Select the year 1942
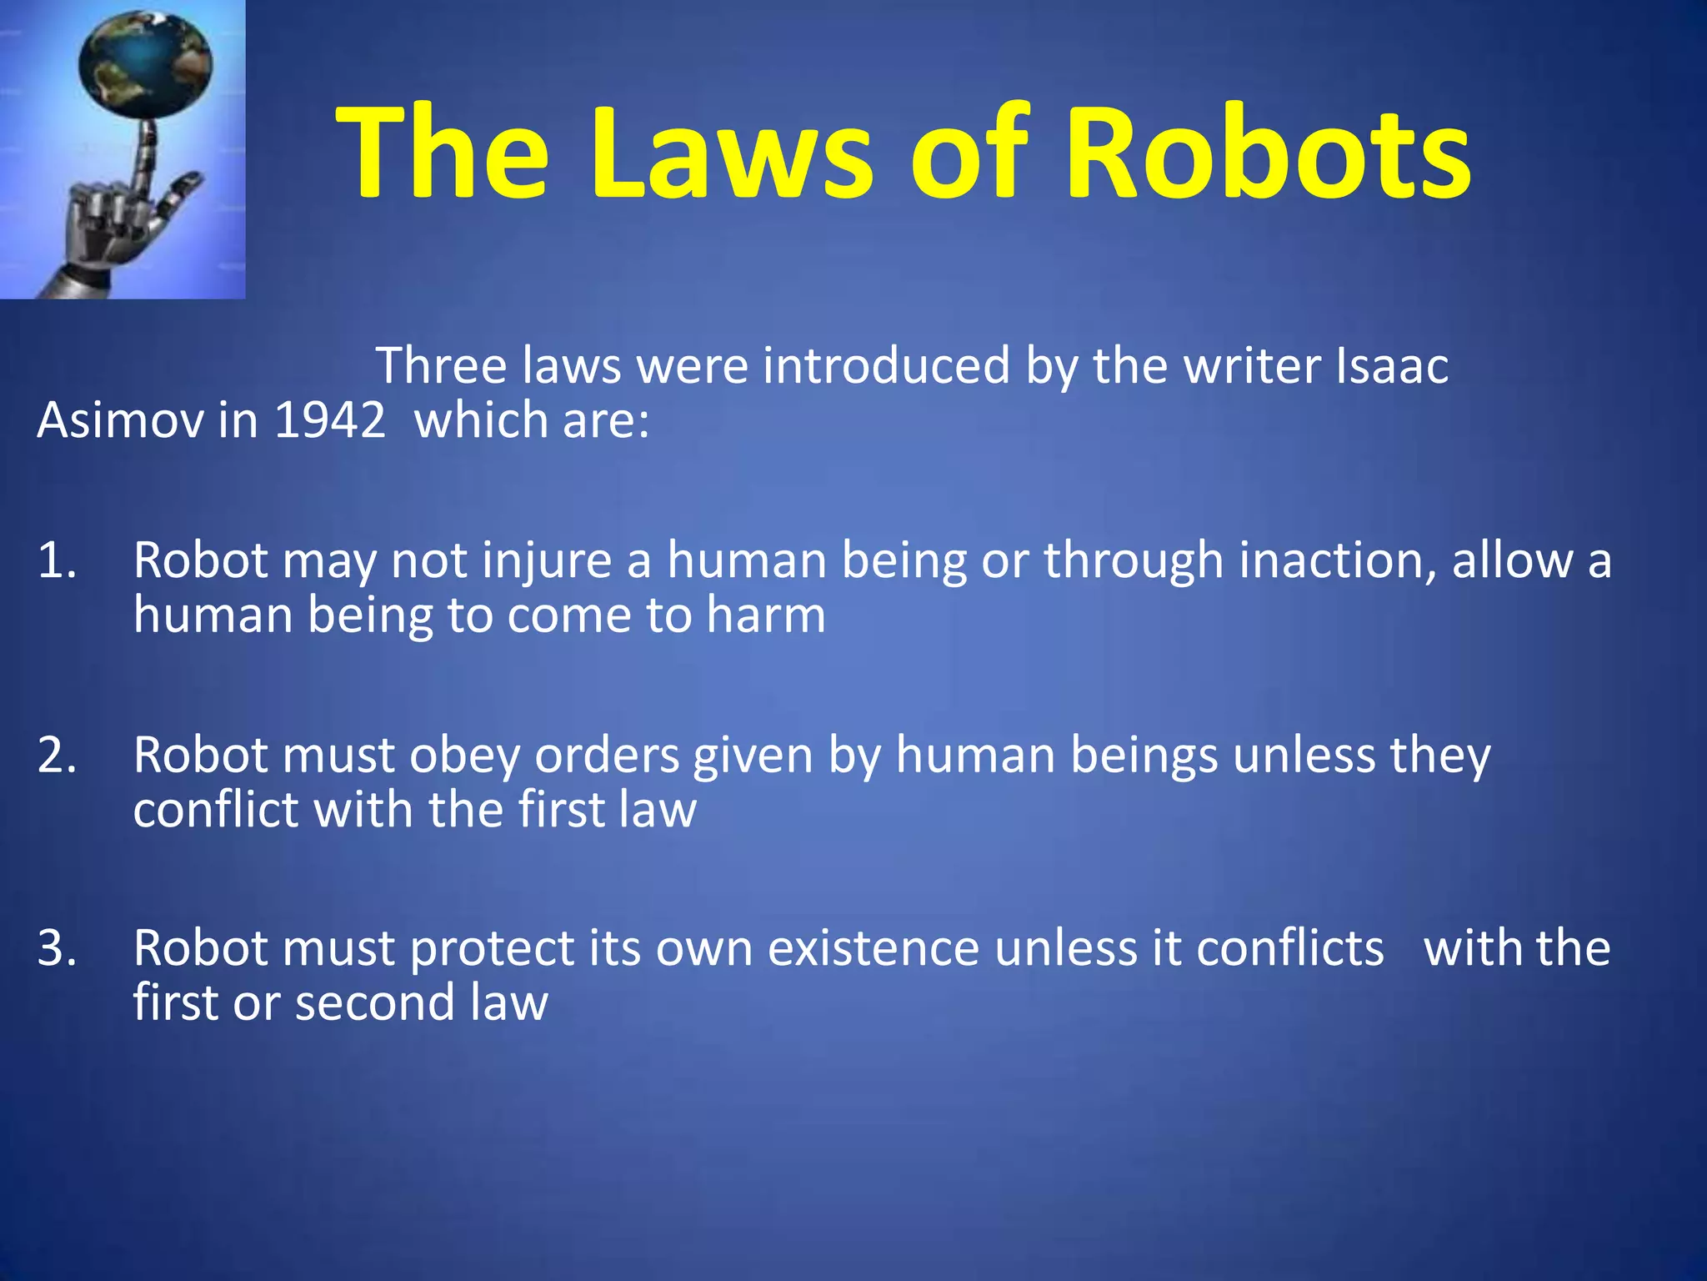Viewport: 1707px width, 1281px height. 329,419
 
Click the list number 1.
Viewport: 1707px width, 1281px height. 57,560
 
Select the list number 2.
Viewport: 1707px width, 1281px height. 57,755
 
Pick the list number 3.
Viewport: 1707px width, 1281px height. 57,948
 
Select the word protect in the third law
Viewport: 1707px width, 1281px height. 492,950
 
